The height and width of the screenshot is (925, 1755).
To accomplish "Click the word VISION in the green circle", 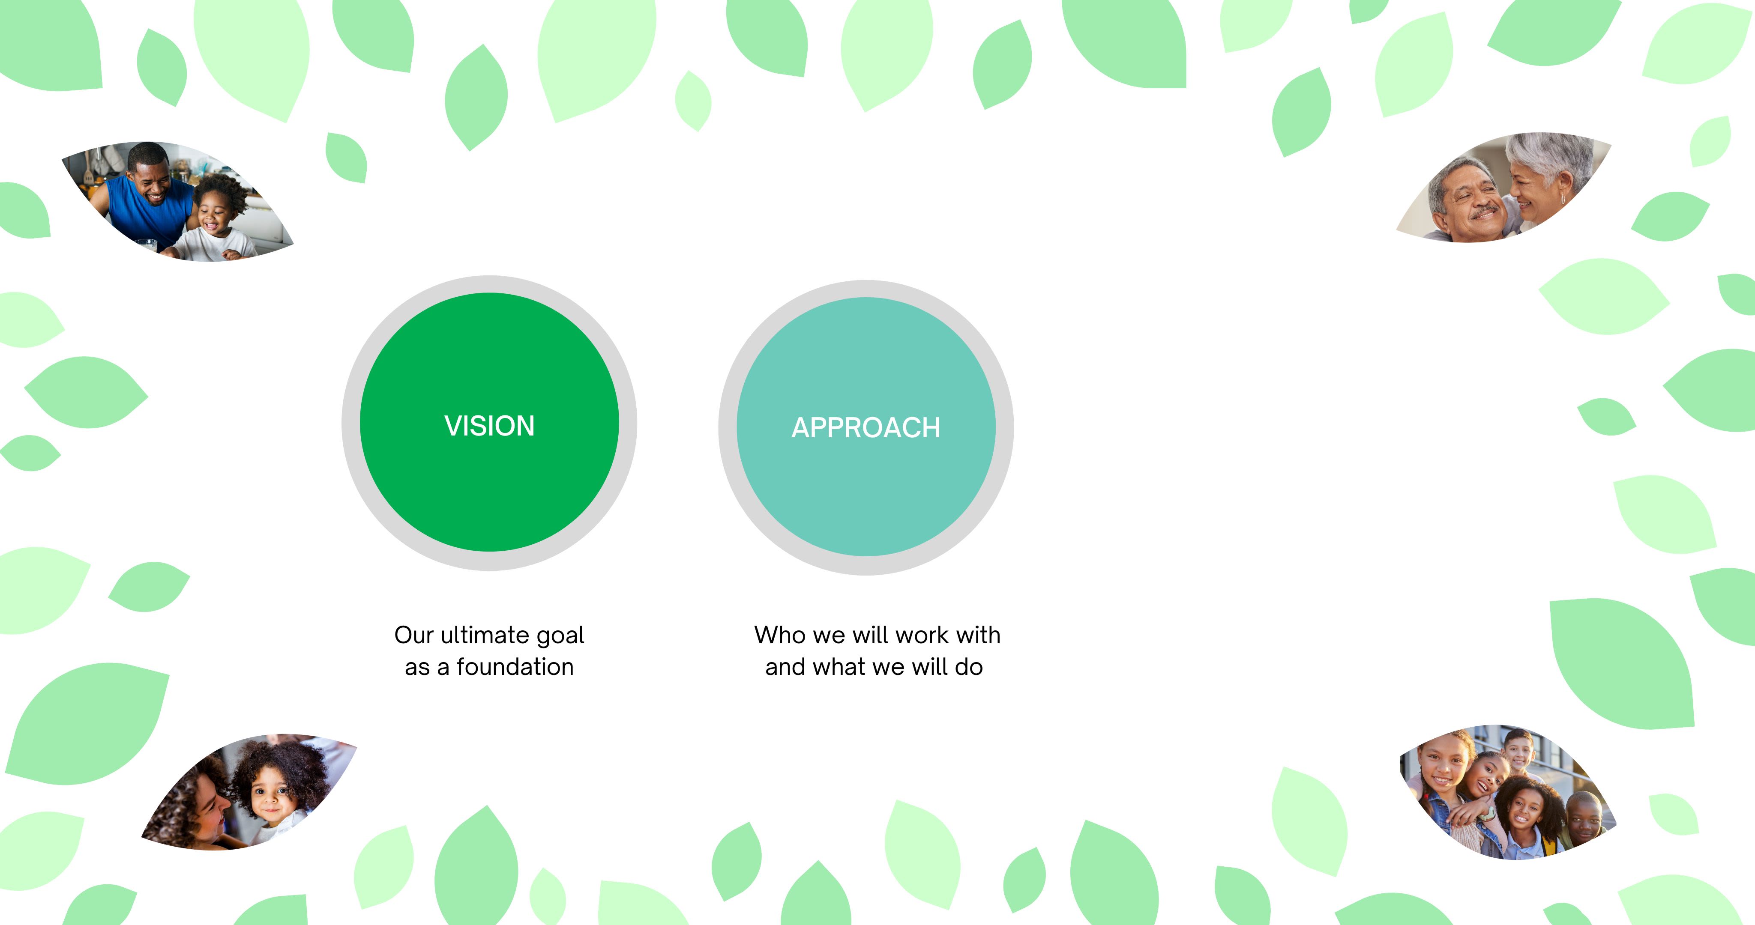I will (489, 426).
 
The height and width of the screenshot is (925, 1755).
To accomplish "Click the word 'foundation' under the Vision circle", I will (515, 667).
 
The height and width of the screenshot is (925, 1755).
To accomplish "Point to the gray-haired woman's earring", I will (1563, 198).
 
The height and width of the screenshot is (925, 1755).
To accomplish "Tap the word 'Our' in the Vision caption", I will (413, 635).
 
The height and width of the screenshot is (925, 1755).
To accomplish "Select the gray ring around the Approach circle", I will (728, 428).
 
